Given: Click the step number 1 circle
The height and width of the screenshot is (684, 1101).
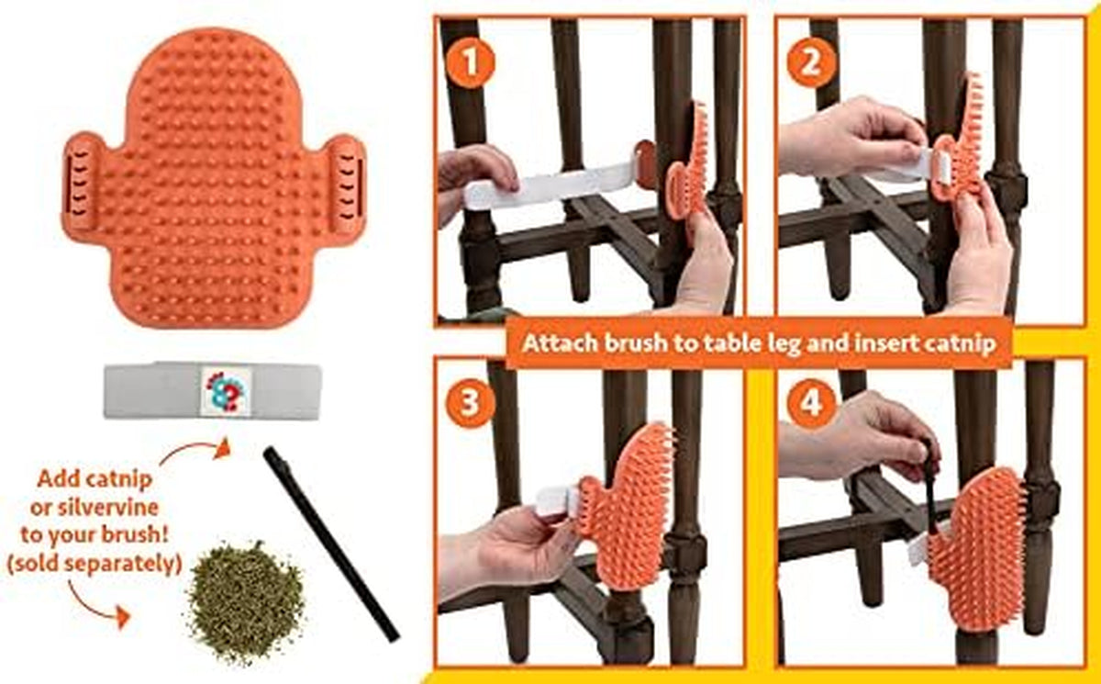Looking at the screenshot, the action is [471, 63].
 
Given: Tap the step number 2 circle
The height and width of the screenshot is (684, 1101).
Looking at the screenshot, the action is [811, 63].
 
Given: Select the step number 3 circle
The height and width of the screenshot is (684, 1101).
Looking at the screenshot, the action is [470, 403].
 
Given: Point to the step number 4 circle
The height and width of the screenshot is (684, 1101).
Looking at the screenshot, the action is [811, 404].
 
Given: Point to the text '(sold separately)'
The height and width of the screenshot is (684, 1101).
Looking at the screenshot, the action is [94, 564].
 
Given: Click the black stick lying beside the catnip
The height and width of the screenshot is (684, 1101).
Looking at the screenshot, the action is [331, 544].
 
